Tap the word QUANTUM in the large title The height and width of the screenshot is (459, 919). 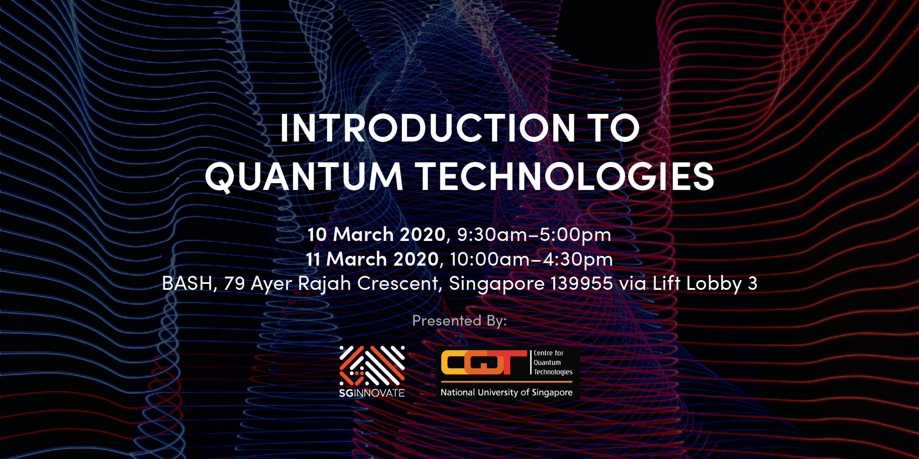click(304, 177)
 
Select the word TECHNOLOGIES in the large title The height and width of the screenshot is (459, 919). click(565, 176)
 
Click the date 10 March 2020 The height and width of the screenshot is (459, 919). click(376, 234)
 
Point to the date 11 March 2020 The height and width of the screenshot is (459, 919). click(372, 259)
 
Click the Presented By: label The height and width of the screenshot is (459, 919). click(459, 320)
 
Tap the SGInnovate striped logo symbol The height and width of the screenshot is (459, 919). click(372, 365)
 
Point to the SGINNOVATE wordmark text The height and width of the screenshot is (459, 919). click(372, 393)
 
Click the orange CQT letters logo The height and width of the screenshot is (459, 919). click(484, 363)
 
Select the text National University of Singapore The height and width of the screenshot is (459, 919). click(506, 392)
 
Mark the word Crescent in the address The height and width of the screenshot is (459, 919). click(397, 283)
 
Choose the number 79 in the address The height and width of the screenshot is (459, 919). click(234, 283)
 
